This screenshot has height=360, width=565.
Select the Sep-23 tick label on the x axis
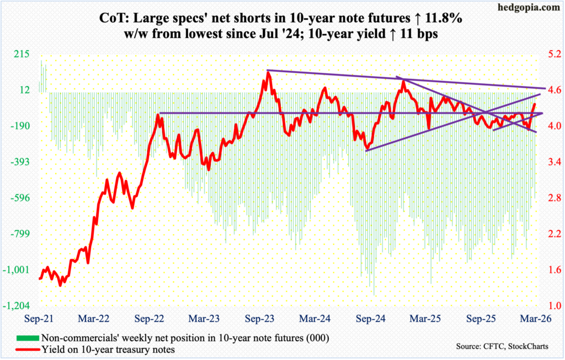pyautogui.click(x=259, y=319)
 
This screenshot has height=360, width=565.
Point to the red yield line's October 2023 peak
pyautogui.click(x=268, y=73)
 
